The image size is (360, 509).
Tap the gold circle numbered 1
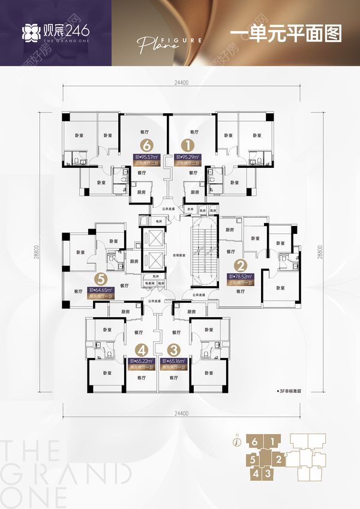point(187,144)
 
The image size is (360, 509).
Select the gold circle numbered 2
point(241,265)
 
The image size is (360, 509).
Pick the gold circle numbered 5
point(101,279)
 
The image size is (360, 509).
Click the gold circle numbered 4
point(142,350)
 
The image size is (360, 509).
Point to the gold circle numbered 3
point(174,350)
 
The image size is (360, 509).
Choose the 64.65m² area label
point(100,290)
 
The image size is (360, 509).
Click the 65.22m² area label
point(142,362)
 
